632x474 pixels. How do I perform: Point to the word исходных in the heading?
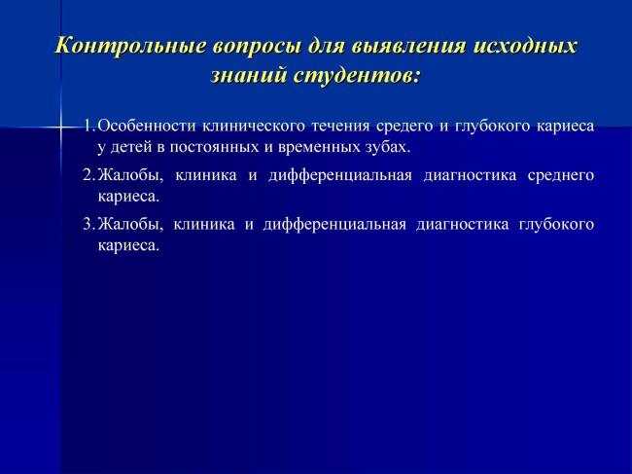click(x=525, y=46)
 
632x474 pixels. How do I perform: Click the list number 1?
click(x=89, y=126)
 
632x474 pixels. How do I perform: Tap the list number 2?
click(x=88, y=175)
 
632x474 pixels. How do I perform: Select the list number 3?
click(x=88, y=224)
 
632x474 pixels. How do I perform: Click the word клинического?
click(x=254, y=127)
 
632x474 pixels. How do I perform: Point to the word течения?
click(x=340, y=127)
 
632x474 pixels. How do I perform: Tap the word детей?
click(x=130, y=148)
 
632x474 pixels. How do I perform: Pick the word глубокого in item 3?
click(x=556, y=225)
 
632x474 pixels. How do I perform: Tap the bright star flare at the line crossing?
click(x=61, y=128)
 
